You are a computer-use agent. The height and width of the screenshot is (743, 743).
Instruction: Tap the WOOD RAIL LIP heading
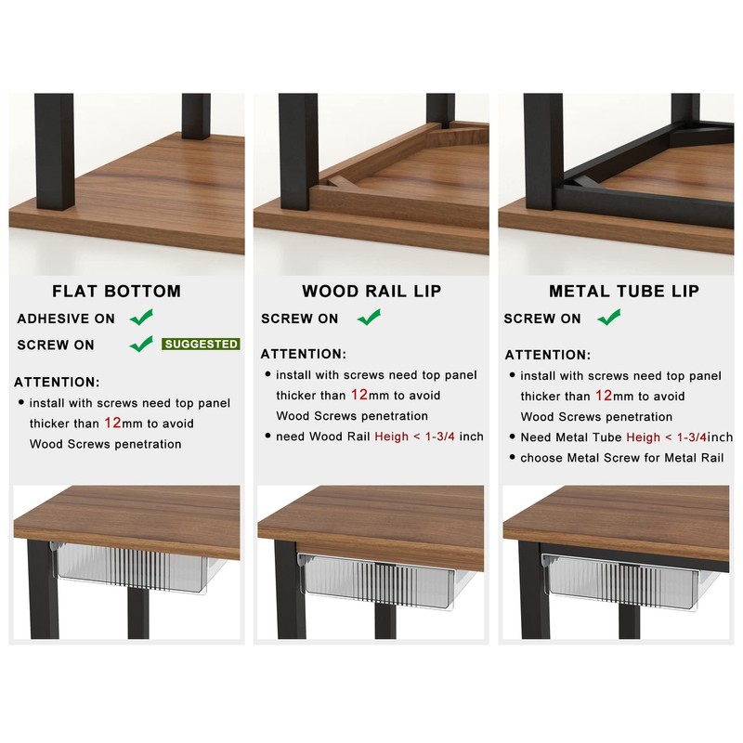click(371, 291)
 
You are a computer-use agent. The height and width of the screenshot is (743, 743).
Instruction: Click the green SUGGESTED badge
click(201, 344)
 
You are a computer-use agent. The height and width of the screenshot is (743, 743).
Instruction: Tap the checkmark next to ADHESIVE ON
click(141, 318)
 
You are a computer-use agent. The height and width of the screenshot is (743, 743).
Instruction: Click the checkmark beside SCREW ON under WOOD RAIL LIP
click(370, 318)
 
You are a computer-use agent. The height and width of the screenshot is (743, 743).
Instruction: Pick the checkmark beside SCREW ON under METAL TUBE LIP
click(609, 318)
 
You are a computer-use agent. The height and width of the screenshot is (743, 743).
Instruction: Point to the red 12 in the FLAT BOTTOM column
click(112, 423)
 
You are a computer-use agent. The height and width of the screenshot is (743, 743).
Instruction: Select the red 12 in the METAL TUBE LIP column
click(603, 396)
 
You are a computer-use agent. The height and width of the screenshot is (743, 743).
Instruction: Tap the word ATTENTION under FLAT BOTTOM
click(57, 382)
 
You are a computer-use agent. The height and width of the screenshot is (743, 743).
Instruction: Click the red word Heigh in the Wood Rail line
click(392, 437)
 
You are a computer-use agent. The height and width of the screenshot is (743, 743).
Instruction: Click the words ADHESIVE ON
click(66, 319)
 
